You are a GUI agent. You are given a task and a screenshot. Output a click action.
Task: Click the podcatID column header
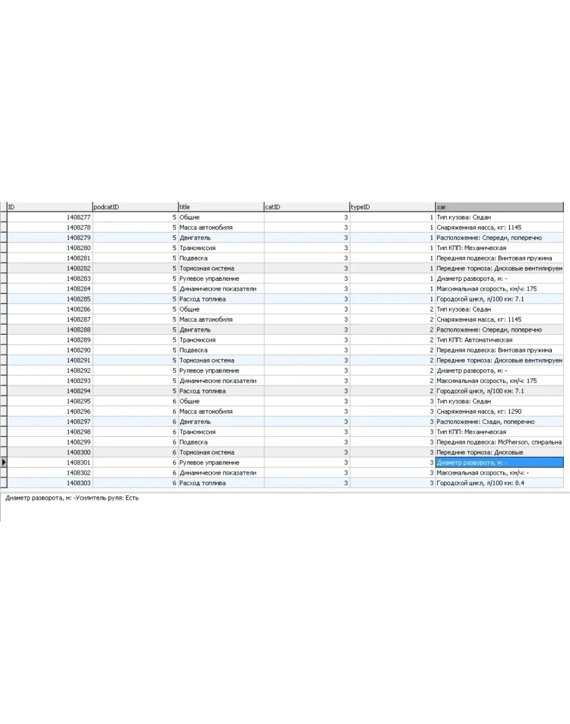[x=135, y=207]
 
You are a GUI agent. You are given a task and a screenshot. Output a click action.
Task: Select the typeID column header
[x=391, y=207]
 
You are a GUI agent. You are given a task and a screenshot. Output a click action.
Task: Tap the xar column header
[x=499, y=207]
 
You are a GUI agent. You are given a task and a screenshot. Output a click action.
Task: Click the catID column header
[x=306, y=207]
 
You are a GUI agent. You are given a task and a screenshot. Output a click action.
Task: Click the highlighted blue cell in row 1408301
[x=499, y=463]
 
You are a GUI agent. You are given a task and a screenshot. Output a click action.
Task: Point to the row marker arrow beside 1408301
[x=4, y=463]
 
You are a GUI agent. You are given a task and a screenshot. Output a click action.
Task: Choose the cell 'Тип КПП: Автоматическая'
[x=474, y=340]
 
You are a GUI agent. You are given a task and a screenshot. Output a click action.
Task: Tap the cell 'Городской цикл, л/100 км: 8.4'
[x=480, y=483]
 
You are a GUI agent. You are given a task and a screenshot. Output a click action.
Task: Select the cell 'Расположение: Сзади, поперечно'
[x=485, y=422]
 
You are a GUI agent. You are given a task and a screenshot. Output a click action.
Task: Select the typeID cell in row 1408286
[x=391, y=309]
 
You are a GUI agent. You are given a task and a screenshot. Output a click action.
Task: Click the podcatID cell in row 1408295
[x=135, y=401]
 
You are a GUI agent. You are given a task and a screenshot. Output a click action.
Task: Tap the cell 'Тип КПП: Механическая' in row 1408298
[x=472, y=432]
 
